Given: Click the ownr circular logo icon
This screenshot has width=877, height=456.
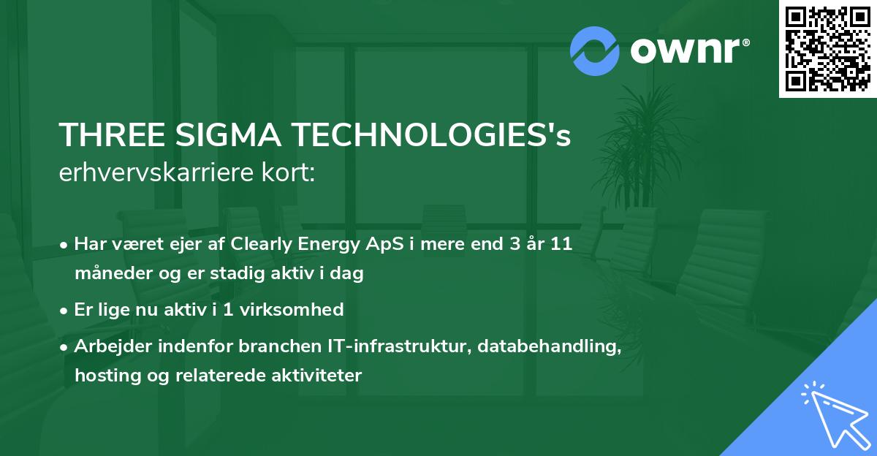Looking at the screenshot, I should [595, 50].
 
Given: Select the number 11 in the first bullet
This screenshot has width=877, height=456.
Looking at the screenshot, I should [561, 245].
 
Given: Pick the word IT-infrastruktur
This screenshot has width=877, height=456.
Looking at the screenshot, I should [401, 346].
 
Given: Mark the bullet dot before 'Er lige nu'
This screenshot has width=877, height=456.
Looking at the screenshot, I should [65, 311].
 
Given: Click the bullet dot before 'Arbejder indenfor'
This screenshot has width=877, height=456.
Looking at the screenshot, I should [65, 347].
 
